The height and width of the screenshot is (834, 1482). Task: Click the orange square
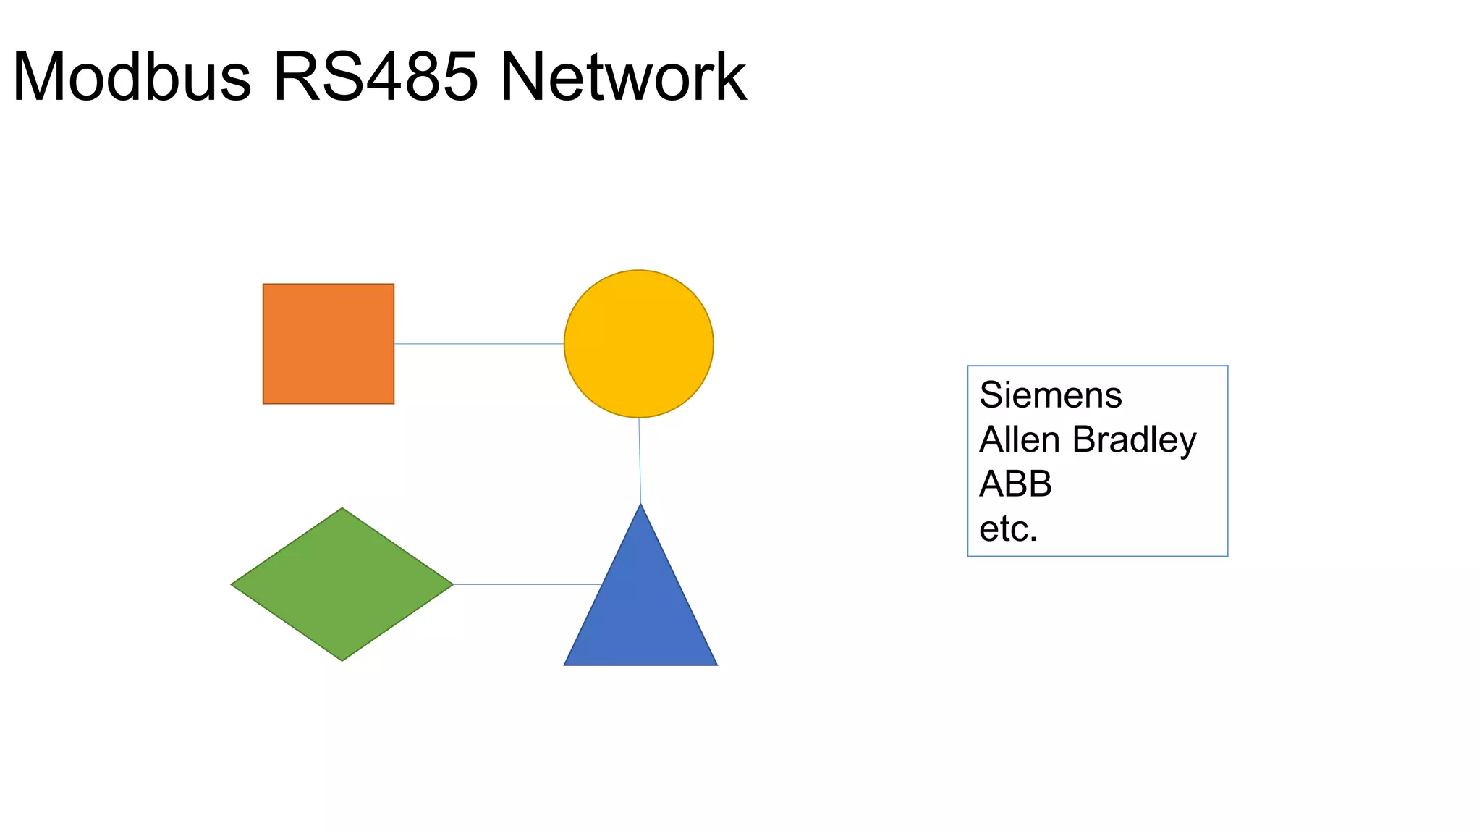coord(329,344)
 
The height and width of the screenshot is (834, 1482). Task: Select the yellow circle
coord(638,344)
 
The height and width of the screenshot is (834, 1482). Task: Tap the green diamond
coord(342,584)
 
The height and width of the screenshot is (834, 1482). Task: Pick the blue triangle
coord(640,608)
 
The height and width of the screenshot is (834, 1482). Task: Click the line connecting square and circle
coord(479,344)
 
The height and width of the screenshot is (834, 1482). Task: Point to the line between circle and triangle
coord(640,460)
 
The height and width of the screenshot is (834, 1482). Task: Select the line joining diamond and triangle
coord(527,584)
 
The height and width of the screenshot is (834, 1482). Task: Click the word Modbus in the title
coord(132,77)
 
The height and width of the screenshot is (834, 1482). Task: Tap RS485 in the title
coord(376,77)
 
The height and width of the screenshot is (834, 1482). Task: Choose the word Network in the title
coord(623,77)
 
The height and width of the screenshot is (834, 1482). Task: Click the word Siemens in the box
coord(1050,395)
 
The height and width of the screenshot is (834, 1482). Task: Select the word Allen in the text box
coord(1020,439)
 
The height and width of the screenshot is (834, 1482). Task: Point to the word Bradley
coord(1134,441)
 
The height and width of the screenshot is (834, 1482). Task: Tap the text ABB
coord(1015,484)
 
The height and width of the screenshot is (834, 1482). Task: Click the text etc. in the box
coord(1008,529)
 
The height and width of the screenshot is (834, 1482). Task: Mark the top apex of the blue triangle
coord(640,505)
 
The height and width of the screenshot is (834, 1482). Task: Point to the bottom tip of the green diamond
coord(342,659)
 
